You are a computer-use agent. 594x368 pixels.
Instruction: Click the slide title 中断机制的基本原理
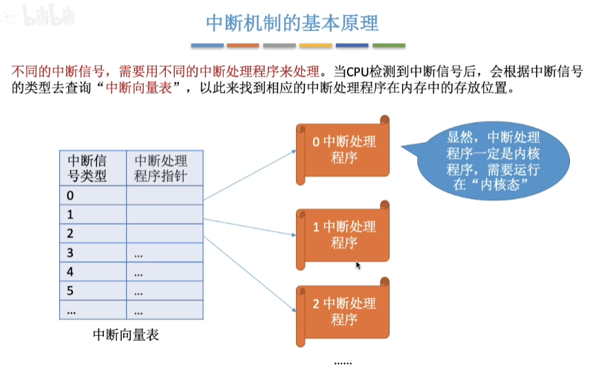click(293, 23)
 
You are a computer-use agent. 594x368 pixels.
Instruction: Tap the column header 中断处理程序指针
click(164, 167)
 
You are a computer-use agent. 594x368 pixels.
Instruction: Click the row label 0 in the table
click(70, 195)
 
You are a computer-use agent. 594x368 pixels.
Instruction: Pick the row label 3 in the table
click(70, 253)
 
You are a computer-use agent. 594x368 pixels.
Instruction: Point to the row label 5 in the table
click(70, 291)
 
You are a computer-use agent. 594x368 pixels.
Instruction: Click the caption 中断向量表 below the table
click(126, 336)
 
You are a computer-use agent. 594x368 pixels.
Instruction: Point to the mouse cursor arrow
click(358, 265)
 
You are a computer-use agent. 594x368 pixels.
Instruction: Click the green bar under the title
click(389, 45)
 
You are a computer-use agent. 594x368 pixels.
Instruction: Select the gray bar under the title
click(279, 45)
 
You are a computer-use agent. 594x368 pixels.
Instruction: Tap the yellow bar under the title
click(316, 45)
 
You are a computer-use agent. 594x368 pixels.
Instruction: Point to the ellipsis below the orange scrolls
click(343, 361)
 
